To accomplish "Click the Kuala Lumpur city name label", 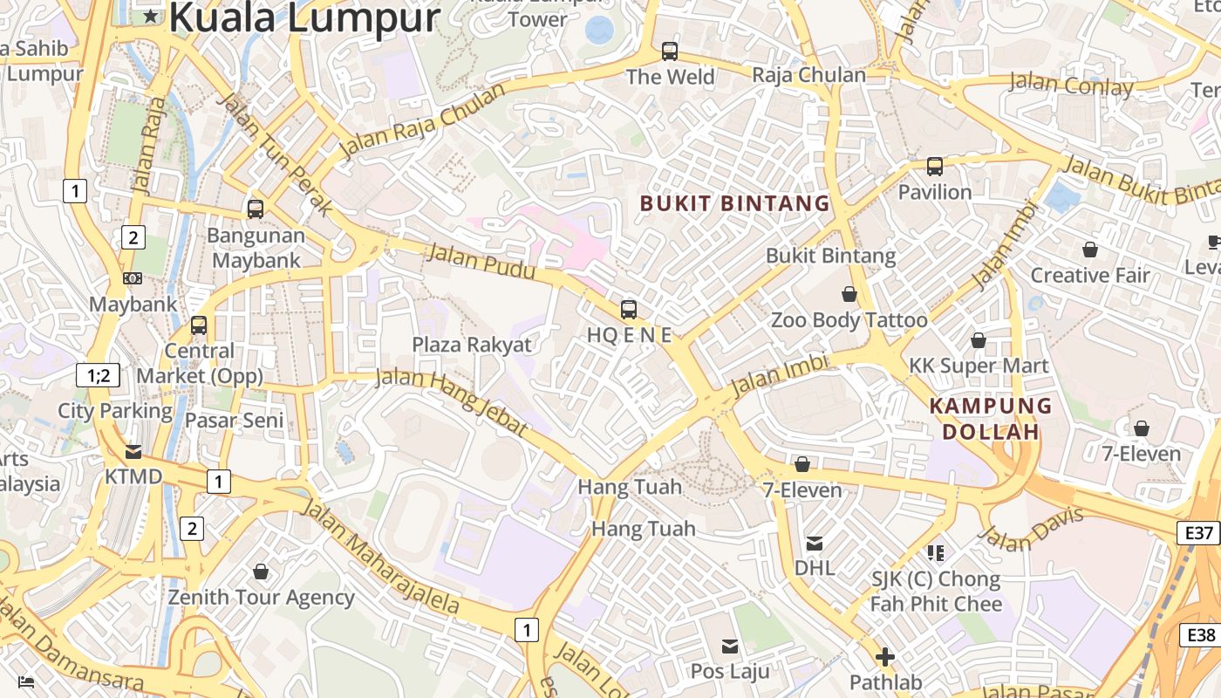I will pos(304,17).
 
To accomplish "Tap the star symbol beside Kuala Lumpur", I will pos(152,16).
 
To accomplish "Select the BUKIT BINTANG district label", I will pos(734,204).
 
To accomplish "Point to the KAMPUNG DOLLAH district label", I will pos(991,419).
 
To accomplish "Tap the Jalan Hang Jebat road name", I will pos(452,402).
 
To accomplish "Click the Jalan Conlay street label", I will pos(1071,86).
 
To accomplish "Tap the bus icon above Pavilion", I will pos(935,166).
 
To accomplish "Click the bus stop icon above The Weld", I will pos(670,51).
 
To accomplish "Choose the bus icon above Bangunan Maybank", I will pos(256,209).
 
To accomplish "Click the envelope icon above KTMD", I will pos(133,452).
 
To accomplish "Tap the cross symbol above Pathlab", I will pos(885,657).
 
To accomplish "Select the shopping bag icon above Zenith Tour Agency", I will pos(260,572).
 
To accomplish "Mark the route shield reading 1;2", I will pos(98,376).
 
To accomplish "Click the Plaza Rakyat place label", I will pos(472,345).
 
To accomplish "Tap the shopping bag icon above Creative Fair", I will pos(1090,250).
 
